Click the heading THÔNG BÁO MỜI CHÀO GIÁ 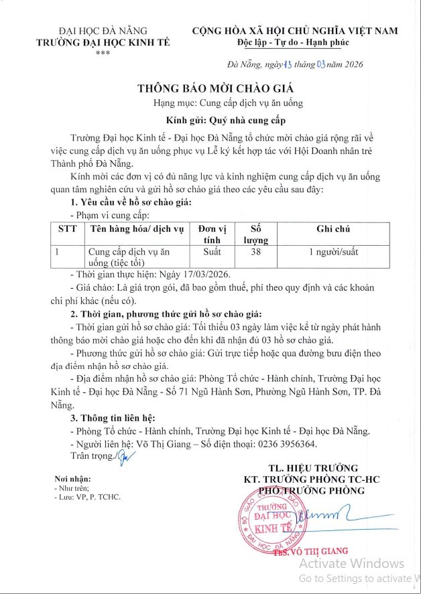pos(216,88)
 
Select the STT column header pos(68,229)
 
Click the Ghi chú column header pos(333,229)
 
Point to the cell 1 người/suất pos(333,252)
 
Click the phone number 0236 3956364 pos(277,444)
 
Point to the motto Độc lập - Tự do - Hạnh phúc pos(295,43)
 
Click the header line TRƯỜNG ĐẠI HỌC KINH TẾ pos(103,43)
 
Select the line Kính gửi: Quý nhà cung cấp pos(216,121)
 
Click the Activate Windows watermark pos(351,563)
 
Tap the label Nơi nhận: pos(72,479)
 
